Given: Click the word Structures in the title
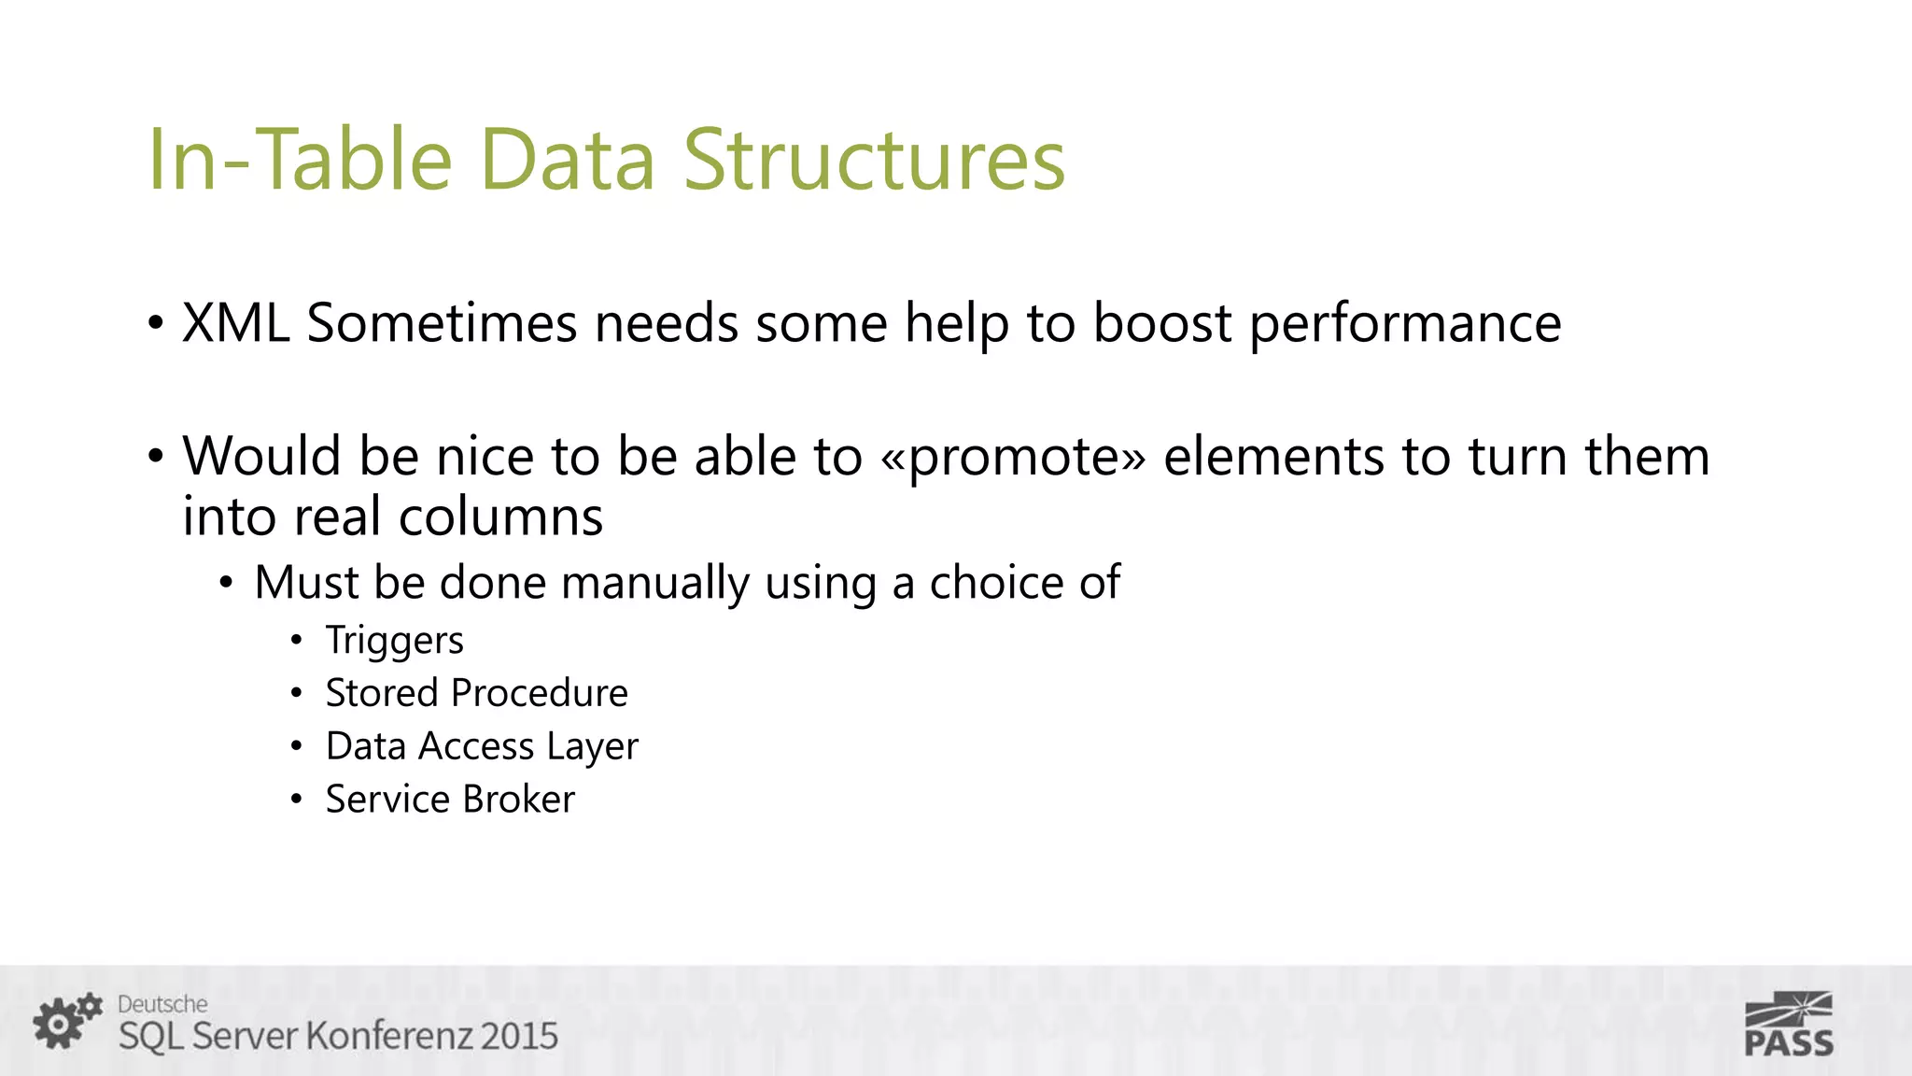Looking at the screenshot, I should pyautogui.click(x=874, y=160).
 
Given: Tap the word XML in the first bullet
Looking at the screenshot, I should pyautogui.click(x=235, y=323).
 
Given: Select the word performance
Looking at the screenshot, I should pyautogui.click(x=1405, y=325).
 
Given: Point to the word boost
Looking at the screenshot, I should pyautogui.click(x=1162, y=323).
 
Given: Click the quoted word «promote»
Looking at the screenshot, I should pyautogui.click(x=1012, y=457).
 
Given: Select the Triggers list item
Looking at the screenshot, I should pyautogui.click(x=394, y=641).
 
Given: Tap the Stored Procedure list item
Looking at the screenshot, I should pyautogui.click(x=476, y=693).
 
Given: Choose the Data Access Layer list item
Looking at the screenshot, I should pyautogui.click(x=482, y=746).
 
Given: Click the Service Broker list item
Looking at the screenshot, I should pyautogui.click(x=450, y=800).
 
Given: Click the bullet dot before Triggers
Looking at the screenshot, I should pyautogui.click(x=296, y=641).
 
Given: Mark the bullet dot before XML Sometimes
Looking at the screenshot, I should pyautogui.click(x=155, y=324).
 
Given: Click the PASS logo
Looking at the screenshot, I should pyautogui.click(x=1788, y=1024).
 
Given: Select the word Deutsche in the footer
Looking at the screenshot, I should pyautogui.click(x=162, y=1004).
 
